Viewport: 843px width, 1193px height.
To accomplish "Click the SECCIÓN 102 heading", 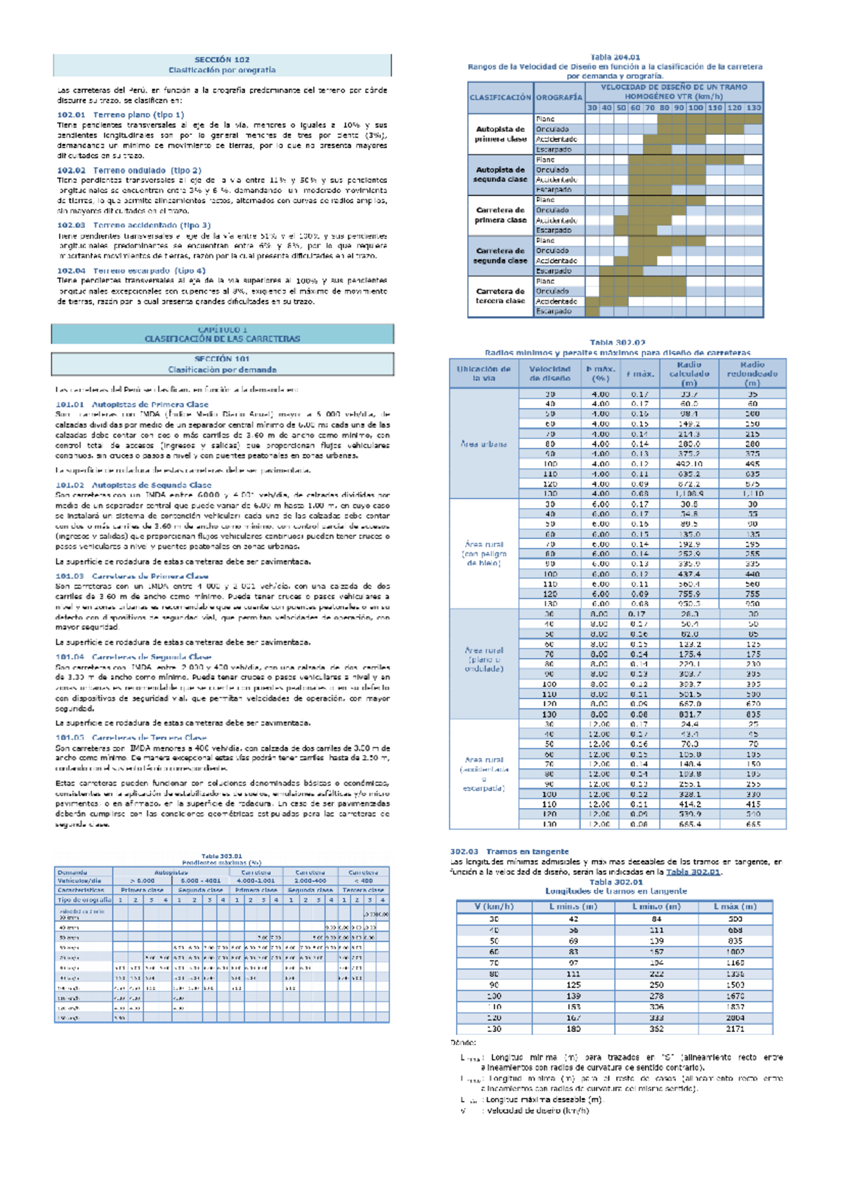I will [222, 60].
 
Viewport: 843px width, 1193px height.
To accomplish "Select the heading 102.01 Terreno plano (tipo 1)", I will [120, 115].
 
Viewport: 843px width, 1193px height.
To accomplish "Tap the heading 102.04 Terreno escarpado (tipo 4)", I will [131, 270].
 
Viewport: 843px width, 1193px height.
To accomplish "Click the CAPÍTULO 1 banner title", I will [222, 330].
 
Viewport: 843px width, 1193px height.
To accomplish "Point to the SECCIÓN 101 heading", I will [222, 359].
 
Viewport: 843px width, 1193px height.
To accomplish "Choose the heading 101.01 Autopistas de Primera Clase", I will [132, 405].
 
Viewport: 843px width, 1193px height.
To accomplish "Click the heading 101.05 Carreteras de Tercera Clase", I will [131, 738].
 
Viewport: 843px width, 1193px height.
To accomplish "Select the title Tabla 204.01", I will [615, 58].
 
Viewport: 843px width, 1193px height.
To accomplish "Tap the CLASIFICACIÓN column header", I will [500, 98].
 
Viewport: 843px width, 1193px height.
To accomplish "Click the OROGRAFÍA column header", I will [558, 98].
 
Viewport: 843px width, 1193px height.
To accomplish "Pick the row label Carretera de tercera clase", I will [500, 296].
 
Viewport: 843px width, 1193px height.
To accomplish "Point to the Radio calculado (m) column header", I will [688, 374].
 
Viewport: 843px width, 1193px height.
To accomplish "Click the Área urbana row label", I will [483, 444].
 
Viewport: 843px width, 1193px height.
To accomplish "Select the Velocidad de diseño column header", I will [549, 374].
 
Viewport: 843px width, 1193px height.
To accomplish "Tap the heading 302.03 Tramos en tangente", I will [509, 852].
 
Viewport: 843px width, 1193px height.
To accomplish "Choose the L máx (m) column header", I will [735, 906].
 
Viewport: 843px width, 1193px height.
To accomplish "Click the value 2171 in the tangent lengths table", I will [735, 1029].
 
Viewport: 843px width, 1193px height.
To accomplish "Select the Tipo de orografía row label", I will [84, 899].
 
